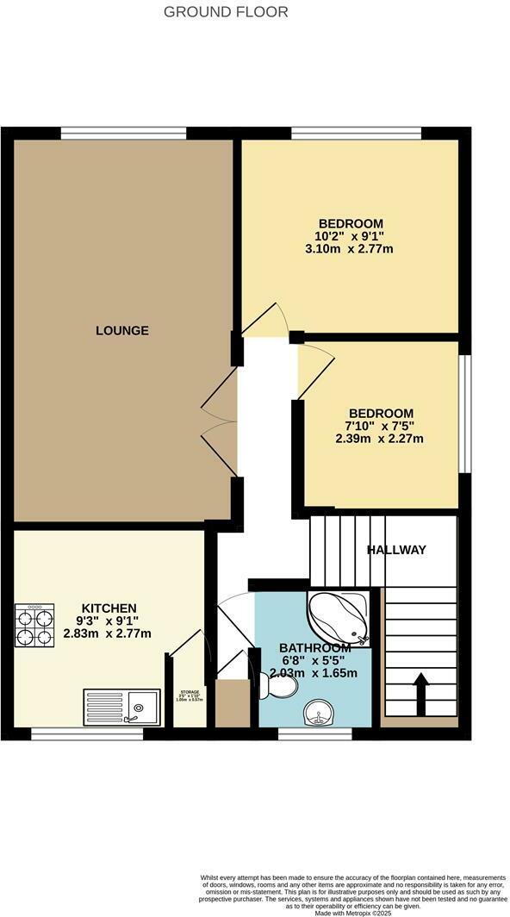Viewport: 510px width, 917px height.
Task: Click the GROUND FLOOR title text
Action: (226, 12)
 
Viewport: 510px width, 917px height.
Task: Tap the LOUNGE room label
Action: (122, 330)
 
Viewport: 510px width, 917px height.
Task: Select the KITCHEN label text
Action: (109, 608)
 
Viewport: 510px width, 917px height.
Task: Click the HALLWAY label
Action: (396, 550)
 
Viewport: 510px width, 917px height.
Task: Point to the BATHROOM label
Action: (314, 648)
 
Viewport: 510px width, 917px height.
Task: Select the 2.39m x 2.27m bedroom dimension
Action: (380, 439)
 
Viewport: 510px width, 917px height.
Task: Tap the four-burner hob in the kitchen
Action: (34, 625)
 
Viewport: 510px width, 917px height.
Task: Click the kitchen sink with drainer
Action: (122, 707)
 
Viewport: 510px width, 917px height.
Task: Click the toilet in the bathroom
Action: (280, 687)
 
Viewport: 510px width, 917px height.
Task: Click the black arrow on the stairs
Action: (420, 692)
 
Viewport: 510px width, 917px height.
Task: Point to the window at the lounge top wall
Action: (123, 133)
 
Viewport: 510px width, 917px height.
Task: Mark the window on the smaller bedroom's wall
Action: (464, 413)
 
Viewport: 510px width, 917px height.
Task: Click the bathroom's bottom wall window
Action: (315, 733)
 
